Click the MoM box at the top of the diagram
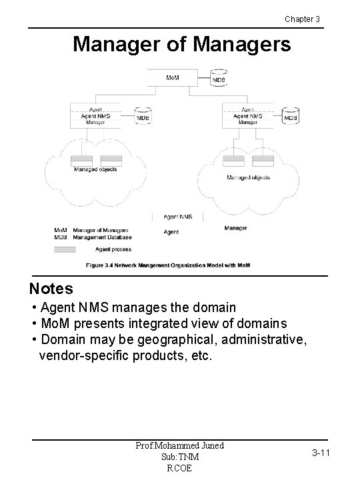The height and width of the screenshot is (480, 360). pos(172,77)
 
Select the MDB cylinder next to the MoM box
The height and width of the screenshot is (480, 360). pos(218,78)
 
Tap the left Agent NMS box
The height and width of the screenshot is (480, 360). pos(95,115)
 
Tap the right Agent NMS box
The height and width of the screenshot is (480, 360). pos(247,115)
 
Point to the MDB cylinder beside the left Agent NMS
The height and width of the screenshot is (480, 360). pos(143,115)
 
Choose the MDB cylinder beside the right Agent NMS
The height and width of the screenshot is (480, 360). pos(291,115)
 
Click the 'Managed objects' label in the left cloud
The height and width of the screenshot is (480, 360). pos(95,169)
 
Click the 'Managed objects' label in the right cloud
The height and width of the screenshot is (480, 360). pos(248,177)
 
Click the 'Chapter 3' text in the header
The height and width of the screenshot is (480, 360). pos(302,19)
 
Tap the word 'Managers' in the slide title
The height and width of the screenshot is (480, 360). pos(245,45)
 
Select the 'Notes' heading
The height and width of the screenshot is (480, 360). pos(51,289)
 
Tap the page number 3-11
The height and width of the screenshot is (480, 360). pos(320,453)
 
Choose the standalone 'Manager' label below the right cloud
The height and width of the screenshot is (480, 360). pos(235,228)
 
